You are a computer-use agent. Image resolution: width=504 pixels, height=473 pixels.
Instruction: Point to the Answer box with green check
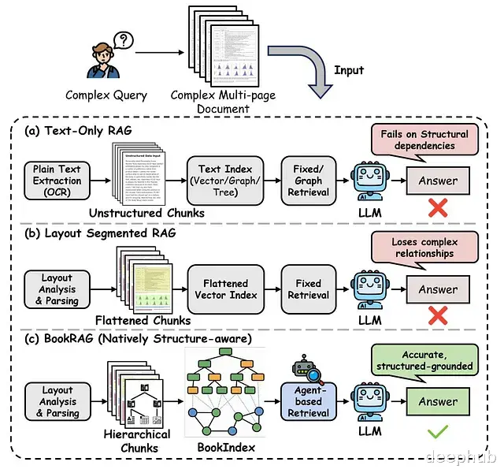(x=437, y=400)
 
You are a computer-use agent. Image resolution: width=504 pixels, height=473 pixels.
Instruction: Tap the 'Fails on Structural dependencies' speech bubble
(x=428, y=140)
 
